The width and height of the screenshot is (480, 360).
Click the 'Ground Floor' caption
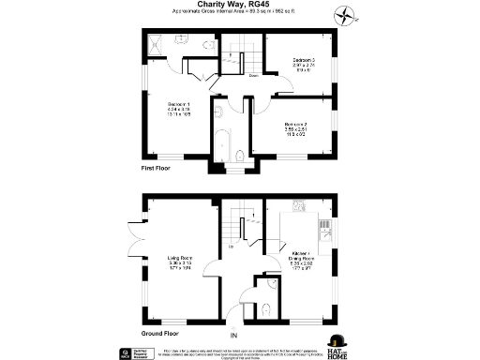coord(163,333)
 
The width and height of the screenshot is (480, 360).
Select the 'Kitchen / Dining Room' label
coord(301,260)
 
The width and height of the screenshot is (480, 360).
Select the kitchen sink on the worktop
coord(325,225)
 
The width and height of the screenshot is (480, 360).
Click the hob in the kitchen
coord(302,205)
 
